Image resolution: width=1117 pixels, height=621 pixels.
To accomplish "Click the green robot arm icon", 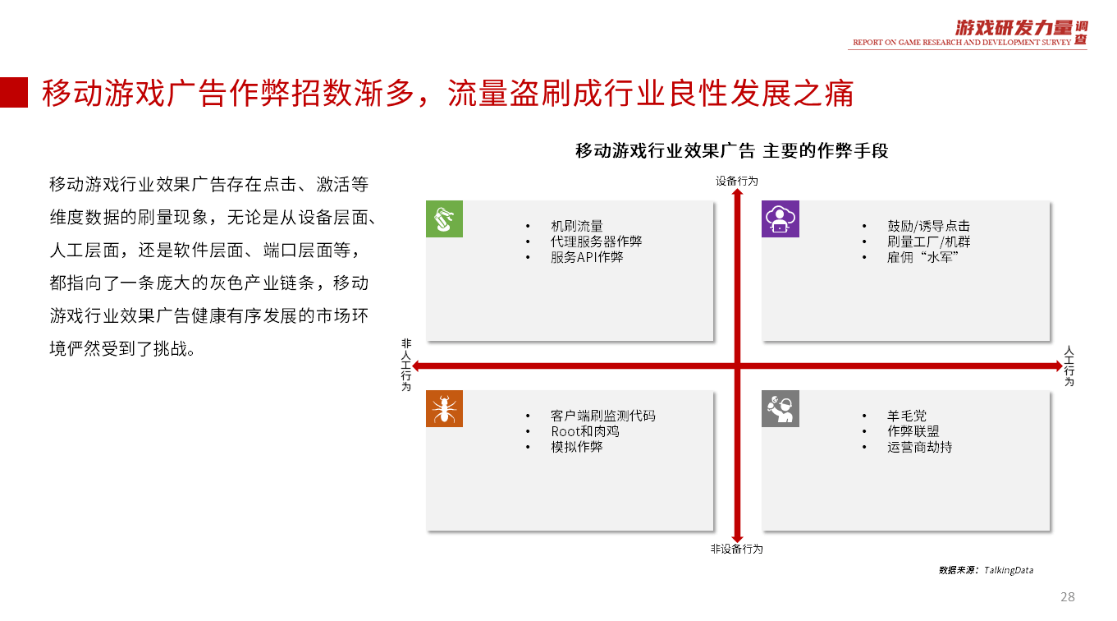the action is pyautogui.click(x=444, y=219).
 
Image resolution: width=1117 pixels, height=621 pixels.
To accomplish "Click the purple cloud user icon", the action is pyautogui.click(x=781, y=219).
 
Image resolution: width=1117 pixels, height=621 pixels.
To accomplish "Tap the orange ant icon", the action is pyautogui.click(x=444, y=409).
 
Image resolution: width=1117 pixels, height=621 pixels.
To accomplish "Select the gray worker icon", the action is pyautogui.click(x=781, y=409).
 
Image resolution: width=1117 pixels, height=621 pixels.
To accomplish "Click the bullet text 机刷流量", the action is pyautogui.click(x=577, y=226).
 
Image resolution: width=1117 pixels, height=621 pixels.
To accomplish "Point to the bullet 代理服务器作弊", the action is pyautogui.click(x=597, y=241).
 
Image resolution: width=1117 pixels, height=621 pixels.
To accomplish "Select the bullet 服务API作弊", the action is pyautogui.click(x=587, y=257).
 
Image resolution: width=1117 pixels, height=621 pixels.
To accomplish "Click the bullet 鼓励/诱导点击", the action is pyautogui.click(x=928, y=226).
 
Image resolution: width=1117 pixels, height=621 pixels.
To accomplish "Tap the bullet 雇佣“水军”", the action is pyautogui.click(x=923, y=257).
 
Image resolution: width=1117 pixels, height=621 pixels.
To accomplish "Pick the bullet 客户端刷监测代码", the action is pyautogui.click(x=603, y=416).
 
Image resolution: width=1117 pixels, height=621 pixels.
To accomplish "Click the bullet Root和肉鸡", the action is pyautogui.click(x=585, y=431).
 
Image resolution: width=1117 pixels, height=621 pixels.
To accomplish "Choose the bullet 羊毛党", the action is pyautogui.click(x=907, y=416).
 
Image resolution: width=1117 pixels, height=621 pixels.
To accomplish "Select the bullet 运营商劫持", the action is pyautogui.click(x=919, y=447).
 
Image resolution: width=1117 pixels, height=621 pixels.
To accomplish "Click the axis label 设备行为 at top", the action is pyautogui.click(x=737, y=182).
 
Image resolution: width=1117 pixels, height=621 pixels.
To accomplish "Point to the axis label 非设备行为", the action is pyautogui.click(x=737, y=549).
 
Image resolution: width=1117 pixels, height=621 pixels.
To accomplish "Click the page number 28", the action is pyautogui.click(x=1068, y=597).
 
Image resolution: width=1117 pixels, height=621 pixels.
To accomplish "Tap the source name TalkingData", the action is pyautogui.click(x=1009, y=570).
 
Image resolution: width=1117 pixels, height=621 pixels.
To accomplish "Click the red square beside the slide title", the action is pyautogui.click(x=14, y=92).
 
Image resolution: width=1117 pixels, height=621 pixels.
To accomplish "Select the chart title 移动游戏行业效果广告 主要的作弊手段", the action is pyautogui.click(x=732, y=151).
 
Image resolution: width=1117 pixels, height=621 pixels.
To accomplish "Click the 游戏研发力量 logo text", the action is pyautogui.click(x=1014, y=28).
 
